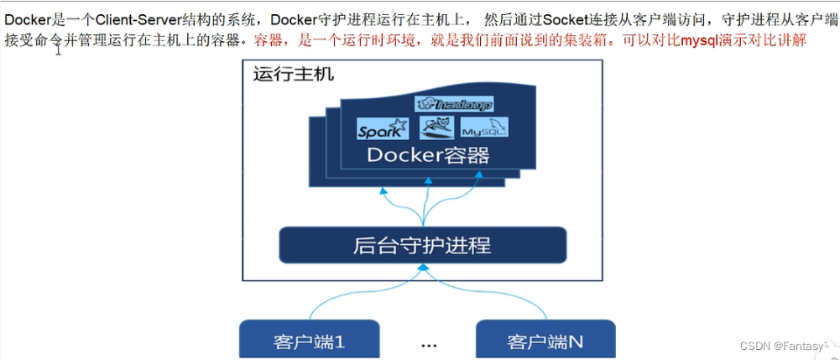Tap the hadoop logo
[454, 104]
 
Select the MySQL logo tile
[484, 128]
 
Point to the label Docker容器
[426, 156]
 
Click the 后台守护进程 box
[422, 245]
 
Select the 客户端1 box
[310, 341]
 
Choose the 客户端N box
[545, 341]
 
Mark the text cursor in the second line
[59, 47]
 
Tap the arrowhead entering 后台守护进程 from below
[425, 269]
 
